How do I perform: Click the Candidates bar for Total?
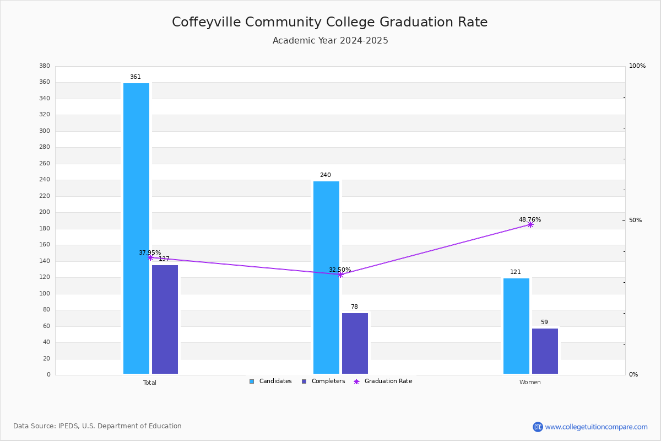click(x=137, y=228)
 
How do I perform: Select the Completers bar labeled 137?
click(x=165, y=319)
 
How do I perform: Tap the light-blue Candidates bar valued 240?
click(x=326, y=277)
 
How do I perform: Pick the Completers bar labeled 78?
click(x=355, y=343)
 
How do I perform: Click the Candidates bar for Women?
click(x=517, y=326)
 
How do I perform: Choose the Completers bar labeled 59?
click(x=545, y=351)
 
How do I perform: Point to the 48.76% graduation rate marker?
click(x=530, y=225)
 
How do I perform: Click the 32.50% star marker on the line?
click(x=340, y=275)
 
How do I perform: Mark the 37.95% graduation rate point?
click(x=150, y=258)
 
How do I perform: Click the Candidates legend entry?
click(x=270, y=381)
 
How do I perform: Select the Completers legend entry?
click(x=323, y=381)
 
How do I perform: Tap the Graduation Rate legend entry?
click(x=383, y=381)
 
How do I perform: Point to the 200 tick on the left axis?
click(x=45, y=212)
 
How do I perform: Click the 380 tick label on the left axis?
click(x=45, y=66)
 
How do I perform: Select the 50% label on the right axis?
click(x=635, y=220)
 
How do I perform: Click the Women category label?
click(x=530, y=382)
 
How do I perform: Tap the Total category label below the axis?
click(x=150, y=383)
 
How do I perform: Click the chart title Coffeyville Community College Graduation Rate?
click(x=329, y=22)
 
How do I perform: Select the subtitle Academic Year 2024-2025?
click(x=330, y=40)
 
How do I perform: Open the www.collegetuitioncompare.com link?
click(x=596, y=427)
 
